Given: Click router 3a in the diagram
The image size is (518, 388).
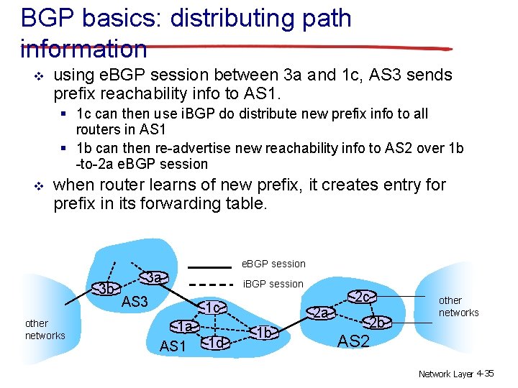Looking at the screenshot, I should point(153,277).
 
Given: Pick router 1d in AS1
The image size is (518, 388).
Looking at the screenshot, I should point(216,343).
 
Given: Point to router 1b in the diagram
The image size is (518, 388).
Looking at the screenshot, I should point(264,333).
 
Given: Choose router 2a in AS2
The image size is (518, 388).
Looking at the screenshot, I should point(322,313).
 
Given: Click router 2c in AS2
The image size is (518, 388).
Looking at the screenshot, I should point(363,297).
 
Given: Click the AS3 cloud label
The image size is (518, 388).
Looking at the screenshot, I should point(135,302).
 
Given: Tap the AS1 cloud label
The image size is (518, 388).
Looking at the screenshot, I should point(173,347).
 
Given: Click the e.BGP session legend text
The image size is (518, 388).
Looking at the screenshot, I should point(273,264).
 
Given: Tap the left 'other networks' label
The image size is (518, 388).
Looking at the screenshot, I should point(45,330).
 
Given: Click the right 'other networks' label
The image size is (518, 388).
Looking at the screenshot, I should point(458,306).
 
